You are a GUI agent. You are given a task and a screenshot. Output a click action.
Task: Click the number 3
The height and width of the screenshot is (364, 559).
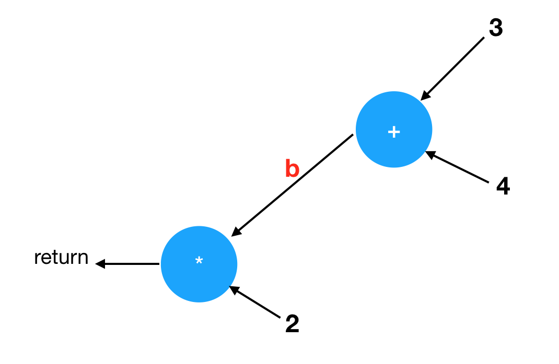pos(495,29)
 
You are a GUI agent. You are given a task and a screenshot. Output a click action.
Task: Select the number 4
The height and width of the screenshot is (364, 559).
pos(503,187)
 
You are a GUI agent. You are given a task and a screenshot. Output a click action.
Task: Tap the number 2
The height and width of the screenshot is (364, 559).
pos(292,324)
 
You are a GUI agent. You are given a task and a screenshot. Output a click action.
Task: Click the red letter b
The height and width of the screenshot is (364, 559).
pos(292,169)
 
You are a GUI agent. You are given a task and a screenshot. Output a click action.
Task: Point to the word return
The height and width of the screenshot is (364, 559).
pos(61,258)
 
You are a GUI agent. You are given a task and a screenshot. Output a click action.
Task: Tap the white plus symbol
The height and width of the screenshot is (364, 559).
pos(394,132)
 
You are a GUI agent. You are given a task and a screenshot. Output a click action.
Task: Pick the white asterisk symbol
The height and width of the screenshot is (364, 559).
pos(199,261)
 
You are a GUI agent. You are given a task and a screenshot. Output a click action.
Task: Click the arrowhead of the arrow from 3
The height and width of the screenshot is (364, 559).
pos(424,96)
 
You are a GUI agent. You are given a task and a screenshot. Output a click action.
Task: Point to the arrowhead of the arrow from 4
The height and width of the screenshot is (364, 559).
pos(429,154)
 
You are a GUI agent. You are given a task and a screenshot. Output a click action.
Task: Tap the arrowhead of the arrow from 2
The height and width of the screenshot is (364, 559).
pos(233,288)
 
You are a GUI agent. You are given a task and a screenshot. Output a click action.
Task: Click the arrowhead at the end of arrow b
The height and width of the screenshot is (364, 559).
pos(235,232)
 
